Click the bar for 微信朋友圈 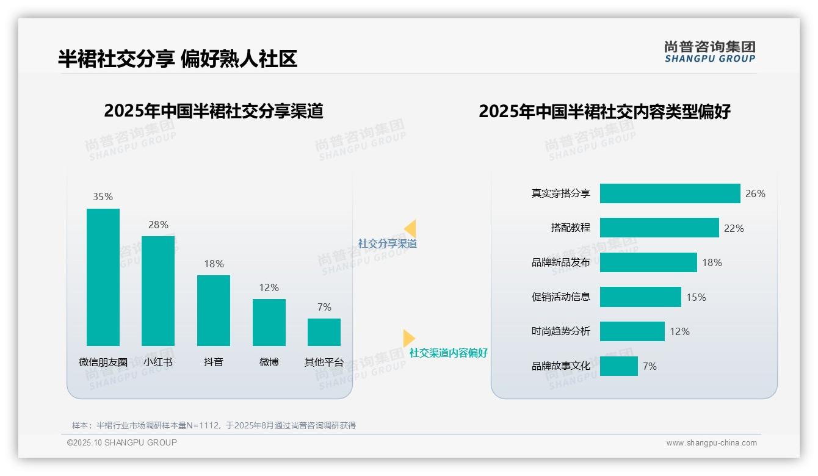103,277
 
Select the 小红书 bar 158,290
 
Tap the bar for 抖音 214,310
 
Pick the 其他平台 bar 324,332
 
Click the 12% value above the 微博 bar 269,287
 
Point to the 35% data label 103,197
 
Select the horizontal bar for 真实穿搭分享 670,193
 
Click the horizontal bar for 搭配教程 659,228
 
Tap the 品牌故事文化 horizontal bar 618,366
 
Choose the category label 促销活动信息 560,297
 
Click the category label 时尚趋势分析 560,331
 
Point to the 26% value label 755,193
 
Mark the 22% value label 734,228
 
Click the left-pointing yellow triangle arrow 410,229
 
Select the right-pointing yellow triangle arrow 408,338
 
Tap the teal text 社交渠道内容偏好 448,353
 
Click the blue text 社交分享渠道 387,243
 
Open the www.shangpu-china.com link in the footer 711,443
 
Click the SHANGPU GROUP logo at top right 710,52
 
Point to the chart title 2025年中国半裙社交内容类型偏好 604,112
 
